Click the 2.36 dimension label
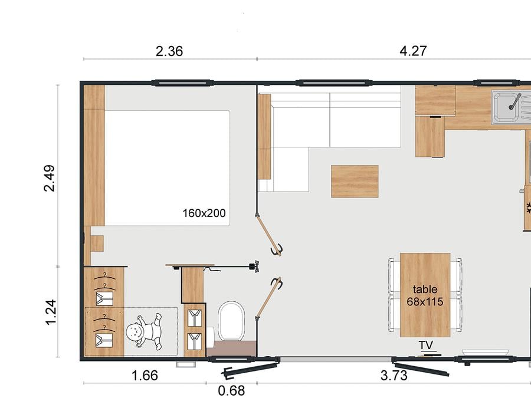coord(169,51)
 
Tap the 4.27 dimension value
coord(413,51)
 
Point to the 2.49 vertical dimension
coord(50,178)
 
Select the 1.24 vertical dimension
coord(51,313)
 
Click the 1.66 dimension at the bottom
coord(145,376)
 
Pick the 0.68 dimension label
coord(231,390)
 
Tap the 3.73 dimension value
coord(394,376)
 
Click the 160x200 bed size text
coord(204,213)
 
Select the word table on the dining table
coord(425,289)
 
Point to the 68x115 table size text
coord(425,301)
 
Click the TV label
coord(425,345)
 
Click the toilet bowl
coord(231,321)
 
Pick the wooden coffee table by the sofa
coord(355,182)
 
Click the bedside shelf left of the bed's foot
coord(97,244)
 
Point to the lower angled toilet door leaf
coord(269,298)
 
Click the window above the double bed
coord(182,83)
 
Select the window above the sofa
coord(334,83)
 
